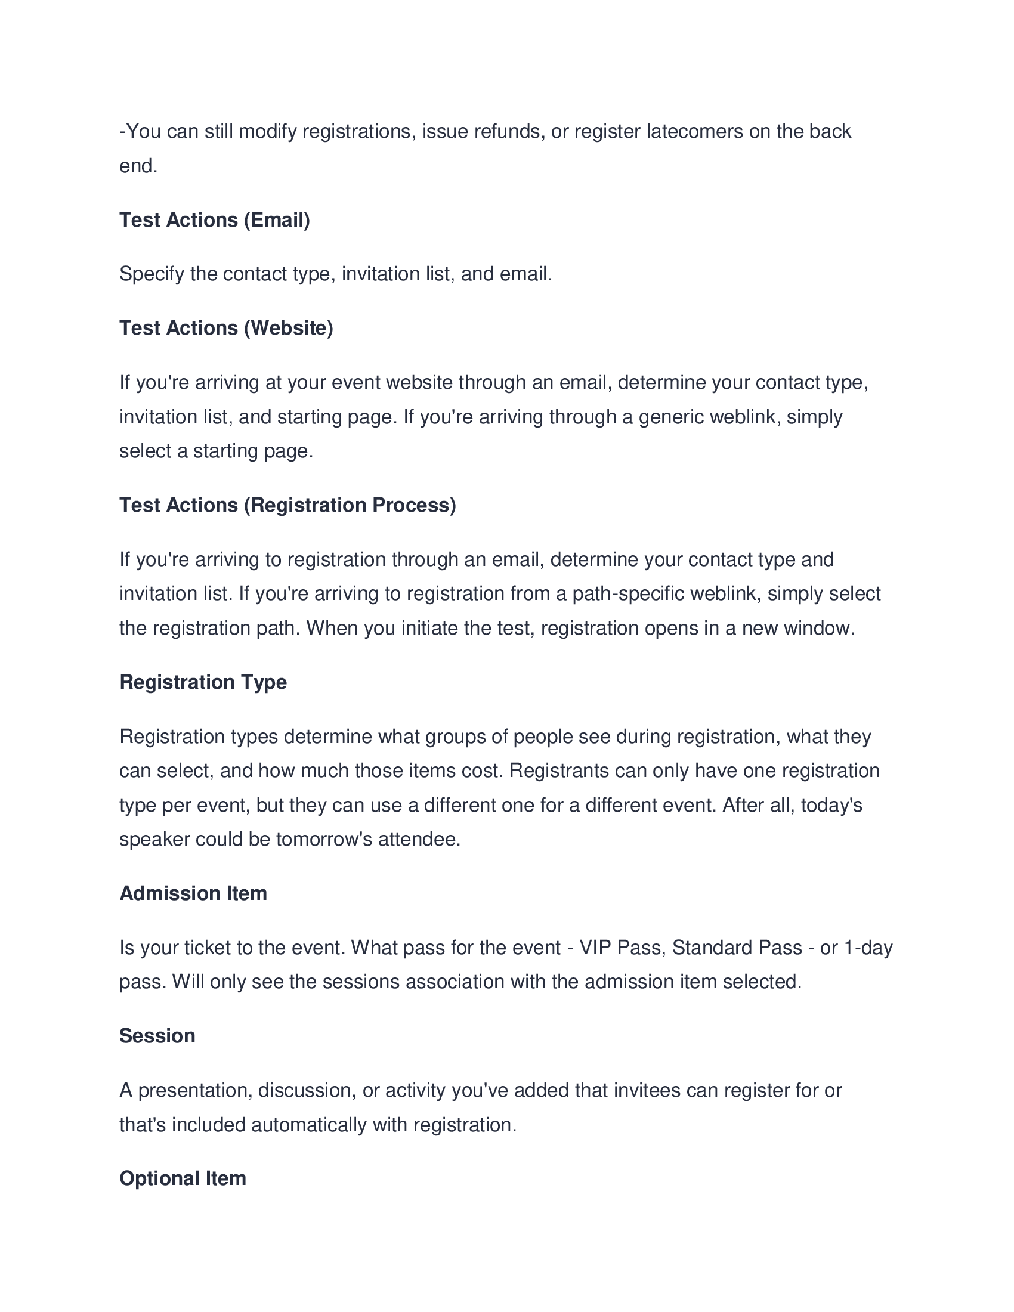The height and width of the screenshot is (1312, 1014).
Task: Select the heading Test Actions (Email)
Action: (x=215, y=220)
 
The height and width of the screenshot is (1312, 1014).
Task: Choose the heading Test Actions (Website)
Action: (x=226, y=328)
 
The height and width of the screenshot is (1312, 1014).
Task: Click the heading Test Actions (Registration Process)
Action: (x=287, y=505)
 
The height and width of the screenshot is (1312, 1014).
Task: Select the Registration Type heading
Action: (x=203, y=682)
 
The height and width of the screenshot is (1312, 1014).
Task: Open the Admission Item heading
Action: (x=193, y=893)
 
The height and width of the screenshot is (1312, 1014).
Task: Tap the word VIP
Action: (x=595, y=948)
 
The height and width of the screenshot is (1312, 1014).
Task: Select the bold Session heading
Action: (x=157, y=1036)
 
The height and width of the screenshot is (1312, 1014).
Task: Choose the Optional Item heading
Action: (x=183, y=1178)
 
